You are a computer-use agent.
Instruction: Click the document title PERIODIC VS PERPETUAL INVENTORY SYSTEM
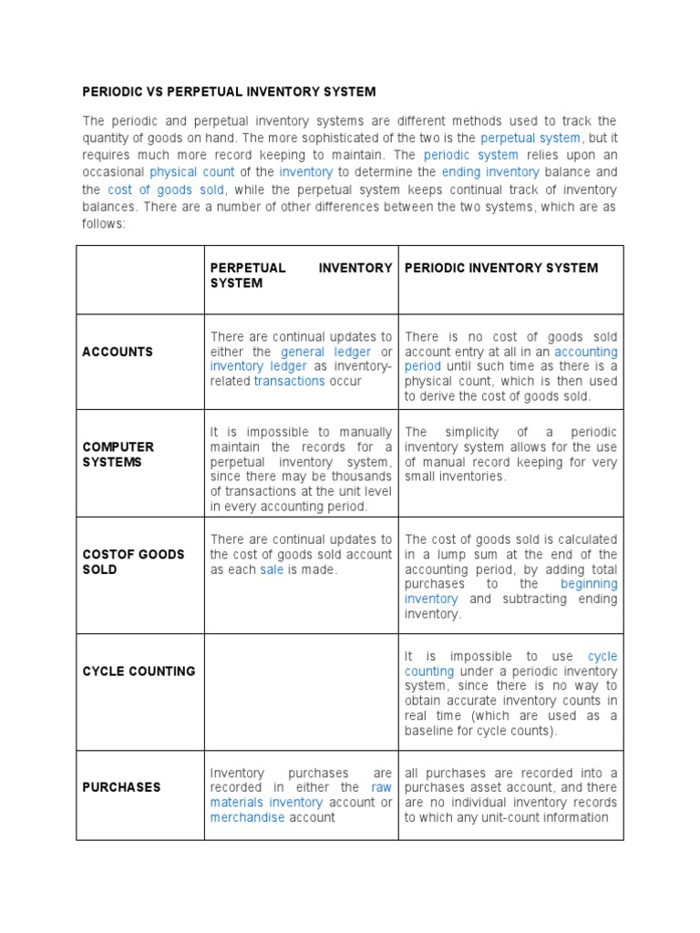(x=229, y=92)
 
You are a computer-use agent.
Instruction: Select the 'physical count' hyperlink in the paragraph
(x=192, y=171)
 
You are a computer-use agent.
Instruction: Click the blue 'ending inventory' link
(x=490, y=171)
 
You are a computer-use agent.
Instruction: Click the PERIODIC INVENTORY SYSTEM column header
(x=501, y=268)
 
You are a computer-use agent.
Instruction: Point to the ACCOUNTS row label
(x=118, y=352)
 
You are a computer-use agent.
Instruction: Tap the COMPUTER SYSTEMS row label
(x=118, y=455)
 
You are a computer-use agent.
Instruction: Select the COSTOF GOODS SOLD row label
(x=133, y=561)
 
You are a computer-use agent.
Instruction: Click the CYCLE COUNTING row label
(x=139, y=672)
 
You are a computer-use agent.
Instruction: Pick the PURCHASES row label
(x=121, y=787)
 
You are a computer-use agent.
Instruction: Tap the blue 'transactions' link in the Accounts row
(x=289, y=381)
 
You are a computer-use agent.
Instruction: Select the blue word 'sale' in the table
(x=272, y=569)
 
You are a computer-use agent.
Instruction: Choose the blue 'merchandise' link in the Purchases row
(x=248, y=817)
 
